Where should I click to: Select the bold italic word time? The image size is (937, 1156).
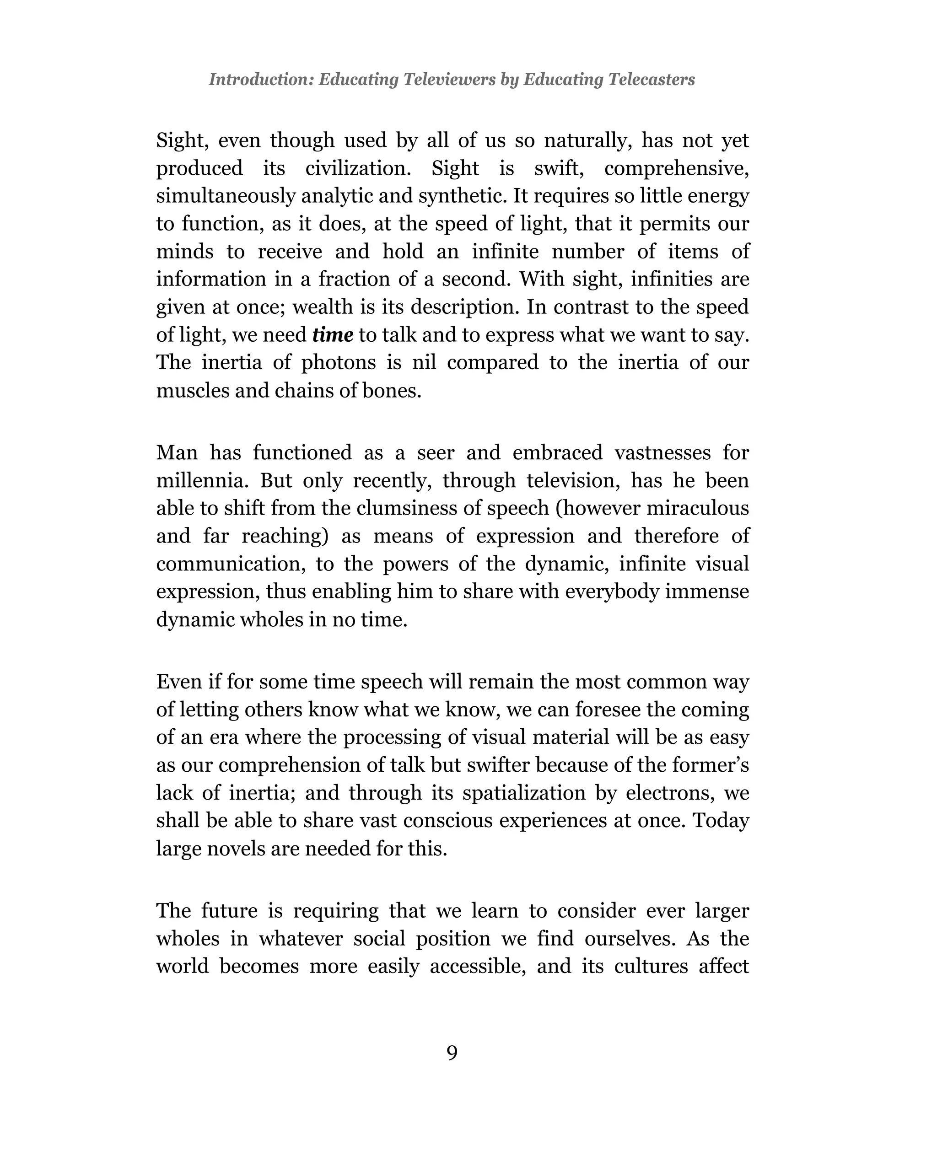point(333,335)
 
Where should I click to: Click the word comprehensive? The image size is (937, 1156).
point(676,168)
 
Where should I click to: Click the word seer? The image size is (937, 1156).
point(436,452)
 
